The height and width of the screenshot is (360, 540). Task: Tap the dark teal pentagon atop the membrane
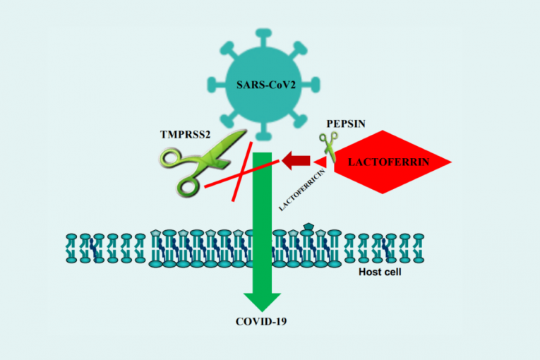308,227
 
